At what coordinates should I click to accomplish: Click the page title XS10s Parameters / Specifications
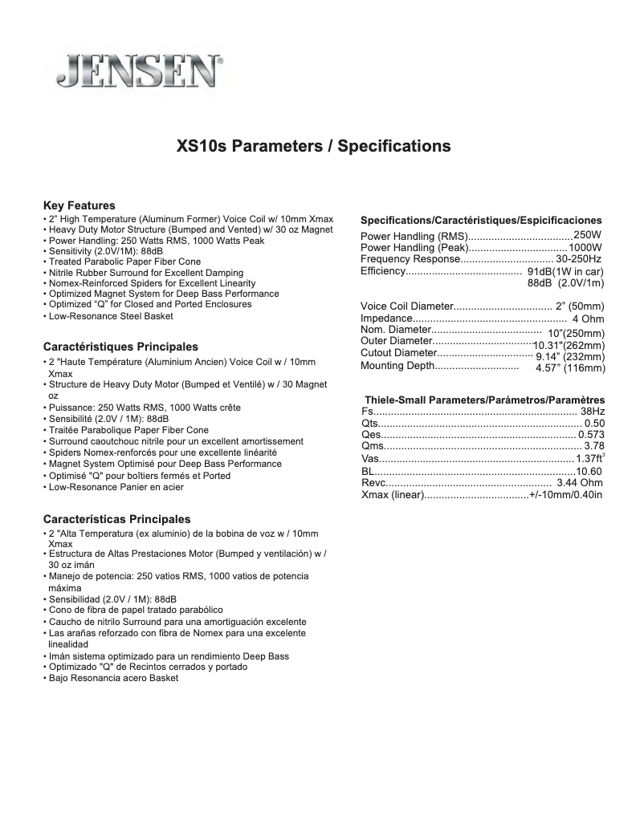[313, 147]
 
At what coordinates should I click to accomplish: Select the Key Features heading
[79, 205]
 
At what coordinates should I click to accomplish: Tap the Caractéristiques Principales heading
[120, 347]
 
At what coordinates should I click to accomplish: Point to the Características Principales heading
[116, 519]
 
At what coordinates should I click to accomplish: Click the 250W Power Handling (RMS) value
[587, 235]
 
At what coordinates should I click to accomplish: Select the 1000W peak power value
[585, 247]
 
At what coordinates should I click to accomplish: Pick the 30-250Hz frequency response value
[578, 259]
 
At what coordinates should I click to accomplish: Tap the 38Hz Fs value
[593, 411]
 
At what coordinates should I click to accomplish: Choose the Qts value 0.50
[594, 423]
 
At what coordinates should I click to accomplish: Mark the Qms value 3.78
[594, 445]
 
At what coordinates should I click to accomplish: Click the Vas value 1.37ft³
[590, 458]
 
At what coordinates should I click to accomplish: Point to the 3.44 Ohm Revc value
[579, 483]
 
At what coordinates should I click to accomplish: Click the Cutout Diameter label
[398, 353]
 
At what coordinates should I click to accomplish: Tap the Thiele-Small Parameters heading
[484, 400]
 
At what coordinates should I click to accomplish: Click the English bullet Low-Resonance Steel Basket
[110, 316]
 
